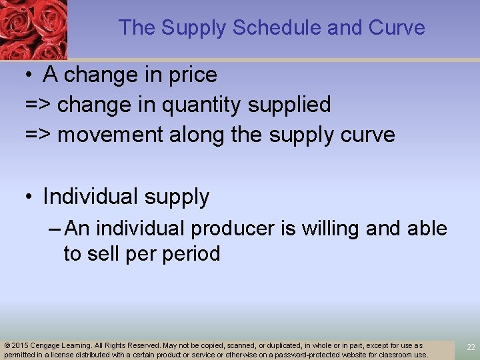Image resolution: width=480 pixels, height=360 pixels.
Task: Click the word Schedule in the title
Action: click(x=257, y=27)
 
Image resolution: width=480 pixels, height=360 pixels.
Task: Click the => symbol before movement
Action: click(x=38, y=135)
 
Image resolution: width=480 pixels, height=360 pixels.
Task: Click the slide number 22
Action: click(x=471, y=347)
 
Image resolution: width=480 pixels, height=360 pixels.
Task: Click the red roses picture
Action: click(x=33, y=29)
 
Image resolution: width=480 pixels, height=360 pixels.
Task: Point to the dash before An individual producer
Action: click(x=55, y=229)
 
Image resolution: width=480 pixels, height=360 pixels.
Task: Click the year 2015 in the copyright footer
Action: click(x=21, y=345)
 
